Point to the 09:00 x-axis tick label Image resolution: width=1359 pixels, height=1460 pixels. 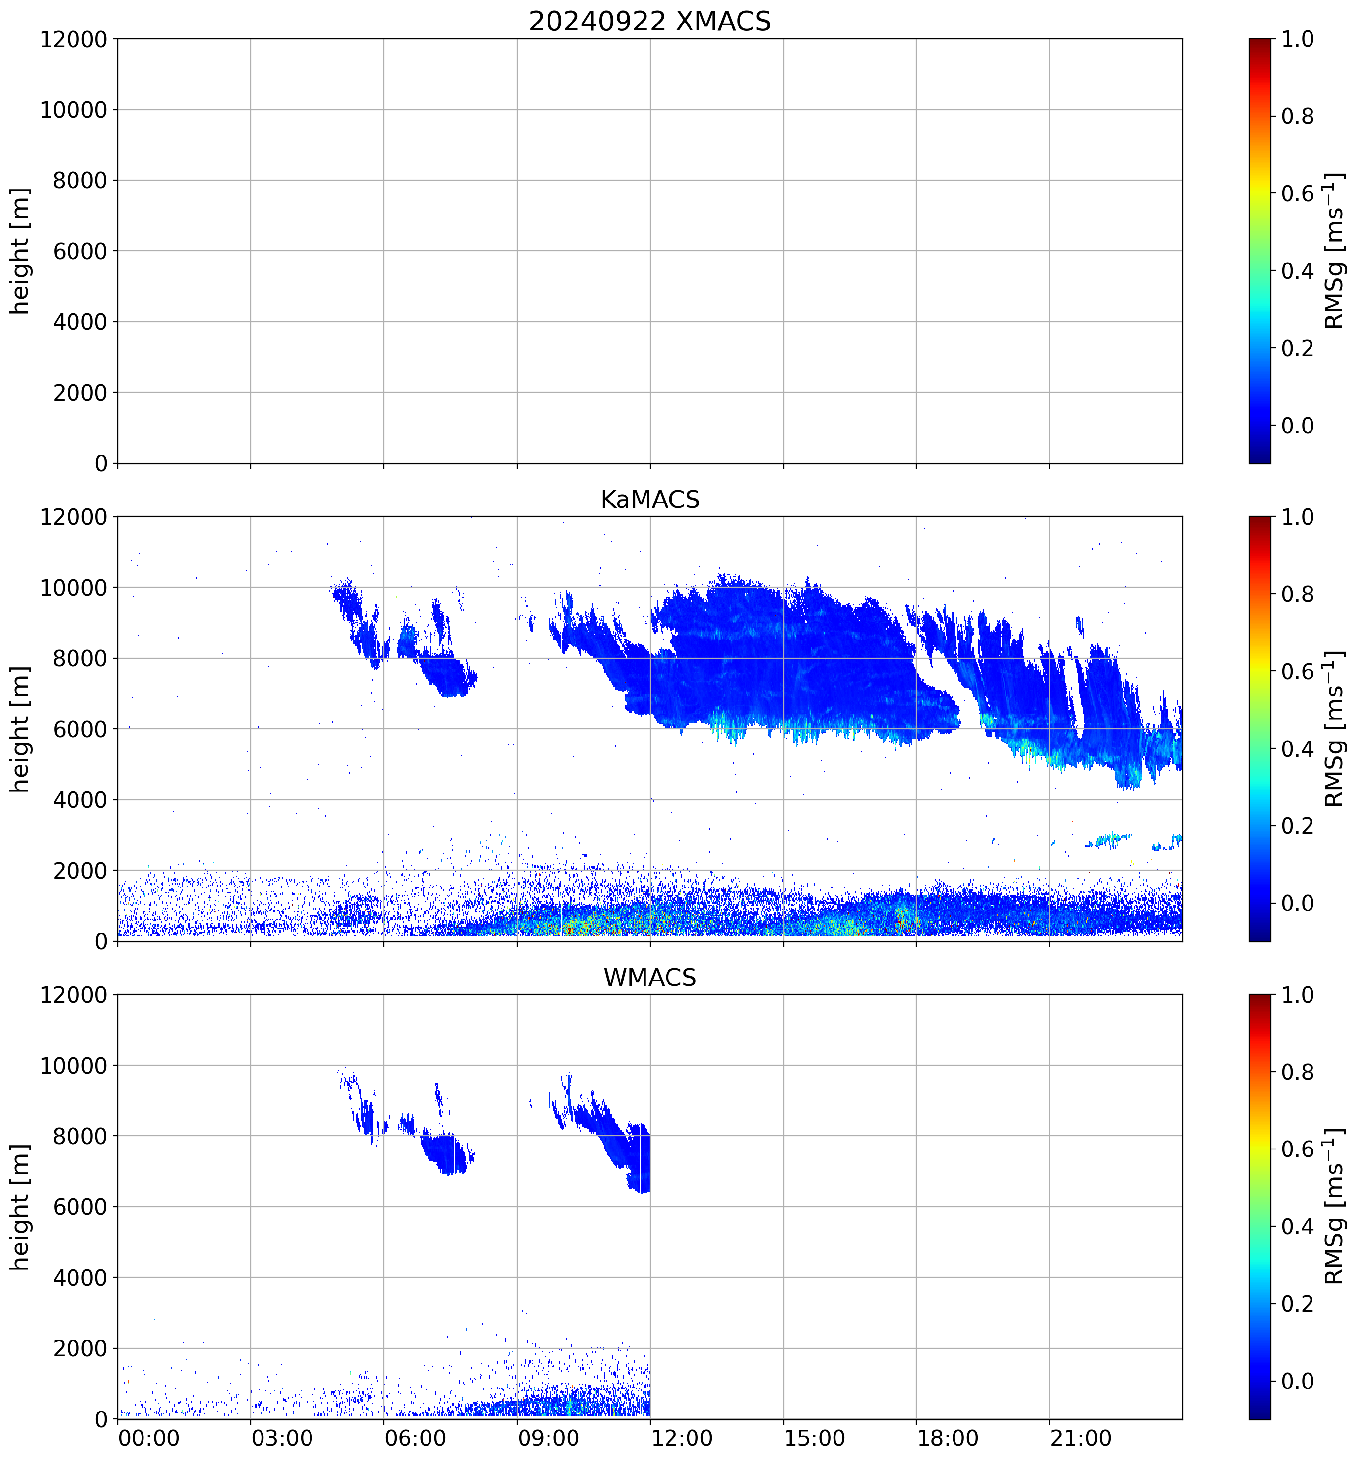pyautogui.click(x=548, y=1437)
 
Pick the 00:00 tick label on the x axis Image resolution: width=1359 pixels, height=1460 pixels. pyautogui.click(x=149, y=1437)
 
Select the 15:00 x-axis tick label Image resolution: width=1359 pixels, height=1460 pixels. pyautogui.click(x=814, y=1437)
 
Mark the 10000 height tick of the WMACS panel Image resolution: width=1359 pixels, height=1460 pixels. pyautogui.click(x=73, y=1066)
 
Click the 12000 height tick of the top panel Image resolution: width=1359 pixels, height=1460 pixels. pyautogui.click(x=73, y=39)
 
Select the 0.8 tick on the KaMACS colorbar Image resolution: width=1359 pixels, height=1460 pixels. pyautogui.click(x=1297, y=594)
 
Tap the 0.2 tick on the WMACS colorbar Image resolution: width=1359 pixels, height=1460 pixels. pyautogui.click(x=1297, y=1304)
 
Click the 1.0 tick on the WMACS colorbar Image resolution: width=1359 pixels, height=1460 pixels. pyautogui.click(x=1297, y=995)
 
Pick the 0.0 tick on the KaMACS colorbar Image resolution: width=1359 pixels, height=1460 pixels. pyautogui.click(x=1297, y=903)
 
